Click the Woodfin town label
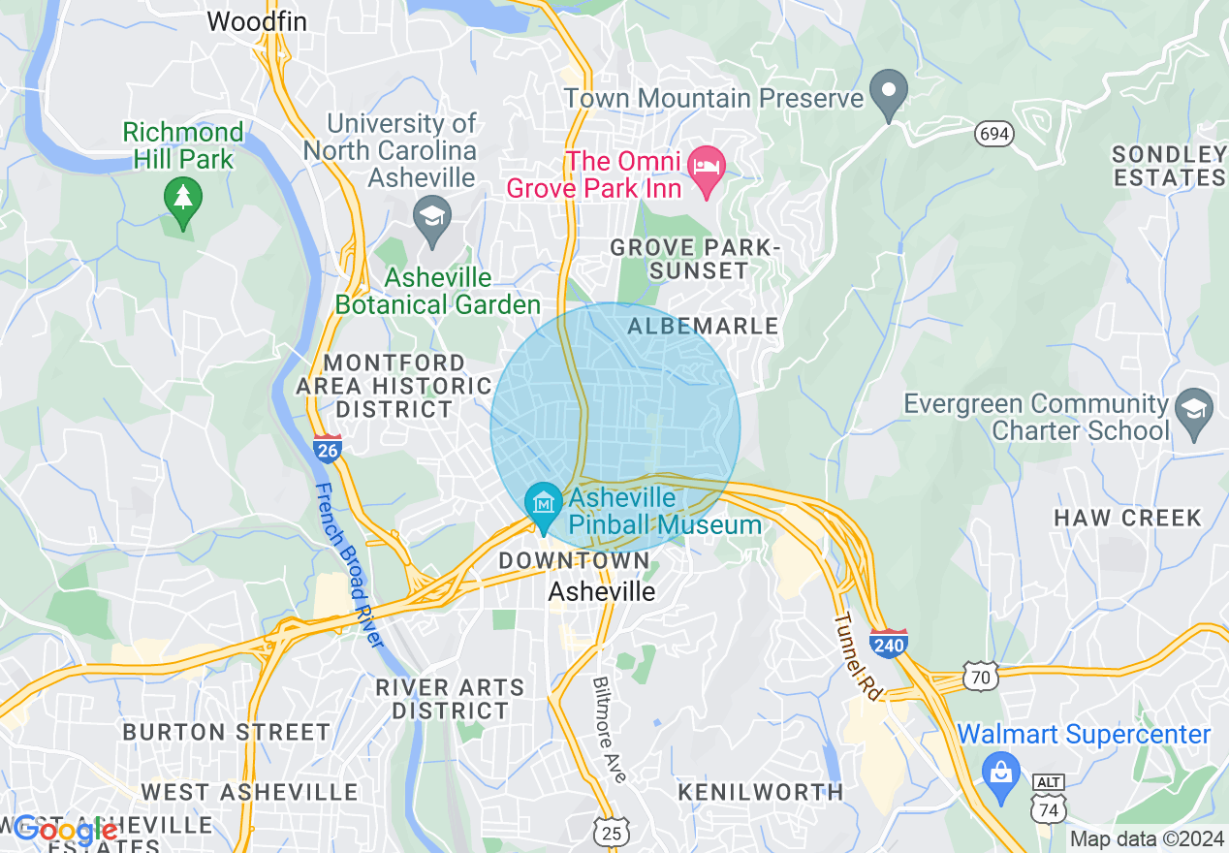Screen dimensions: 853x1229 (x=255, y=20)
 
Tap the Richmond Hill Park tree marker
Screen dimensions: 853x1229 (x=182, y=199)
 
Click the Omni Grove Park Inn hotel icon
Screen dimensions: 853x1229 (x=707, y=166)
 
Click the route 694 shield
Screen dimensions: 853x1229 (x=994, y=134)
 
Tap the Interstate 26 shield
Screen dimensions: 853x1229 (x=328, y=448)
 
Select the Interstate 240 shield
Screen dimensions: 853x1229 (x=888, y=643)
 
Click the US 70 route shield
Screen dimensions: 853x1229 (x=981, y=677)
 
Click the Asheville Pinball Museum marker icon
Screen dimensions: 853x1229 (x=544, y=503)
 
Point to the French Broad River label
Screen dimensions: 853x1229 (x=349, y=566)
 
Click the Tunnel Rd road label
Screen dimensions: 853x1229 (x=857, y=656)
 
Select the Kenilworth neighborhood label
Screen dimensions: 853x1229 (x=760, y=792)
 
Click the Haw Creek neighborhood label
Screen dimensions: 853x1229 (x=1128, y=518)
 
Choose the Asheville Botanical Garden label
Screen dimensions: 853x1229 (x=438, y=291)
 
